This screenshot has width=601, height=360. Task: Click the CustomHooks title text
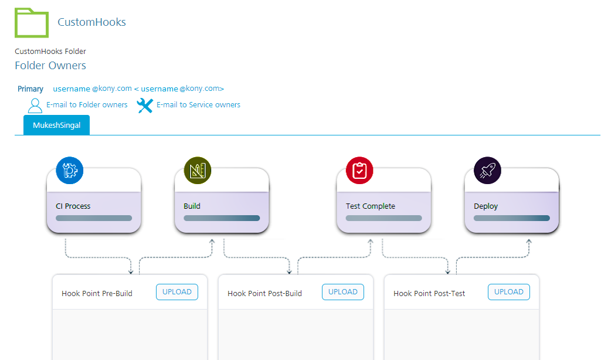point(91,22)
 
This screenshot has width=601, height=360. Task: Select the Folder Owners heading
point(50,66)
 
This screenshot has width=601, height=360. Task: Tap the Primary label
point(30,89)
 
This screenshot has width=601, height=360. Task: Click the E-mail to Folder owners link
point(87,105)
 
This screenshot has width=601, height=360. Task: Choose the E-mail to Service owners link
point(198,105)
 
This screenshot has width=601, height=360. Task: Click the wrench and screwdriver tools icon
point(145,106)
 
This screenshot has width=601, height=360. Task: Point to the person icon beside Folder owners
point(35,106)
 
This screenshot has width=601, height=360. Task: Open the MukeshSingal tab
point(56,125)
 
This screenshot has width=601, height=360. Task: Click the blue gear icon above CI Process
point(70,171)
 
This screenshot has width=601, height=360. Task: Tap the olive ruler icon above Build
point(198,171)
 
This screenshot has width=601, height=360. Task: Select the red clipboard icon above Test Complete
point(360,171)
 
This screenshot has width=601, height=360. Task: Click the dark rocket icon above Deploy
point(488,171)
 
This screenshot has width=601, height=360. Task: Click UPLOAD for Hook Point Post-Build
point(343,292)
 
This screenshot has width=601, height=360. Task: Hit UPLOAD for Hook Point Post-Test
point(509,292)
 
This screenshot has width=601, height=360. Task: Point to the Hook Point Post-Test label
point(429,293)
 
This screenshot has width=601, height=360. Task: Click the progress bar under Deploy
point(512,218)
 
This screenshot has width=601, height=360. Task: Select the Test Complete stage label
point(371,206)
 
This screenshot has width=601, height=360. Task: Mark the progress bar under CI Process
point(94,218)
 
